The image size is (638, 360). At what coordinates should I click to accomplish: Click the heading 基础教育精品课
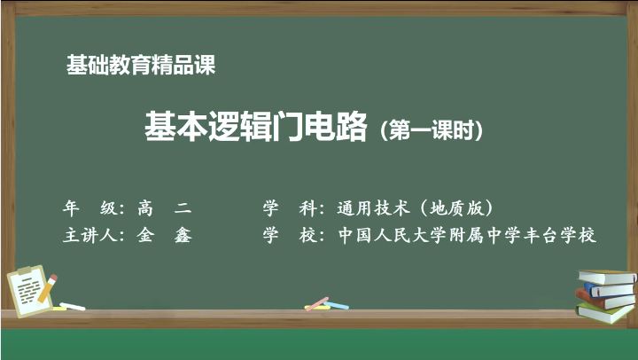141,65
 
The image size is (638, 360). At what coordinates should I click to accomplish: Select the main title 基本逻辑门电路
256,126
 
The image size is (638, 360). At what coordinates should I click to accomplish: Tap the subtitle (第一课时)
432,130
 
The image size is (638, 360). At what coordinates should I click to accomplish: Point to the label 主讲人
90,235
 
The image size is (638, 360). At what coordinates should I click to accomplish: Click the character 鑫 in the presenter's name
183,235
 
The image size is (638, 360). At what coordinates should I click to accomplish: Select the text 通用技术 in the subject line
373,208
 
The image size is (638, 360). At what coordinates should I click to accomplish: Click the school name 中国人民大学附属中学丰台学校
467,235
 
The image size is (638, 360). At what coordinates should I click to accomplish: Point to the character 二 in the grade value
183,208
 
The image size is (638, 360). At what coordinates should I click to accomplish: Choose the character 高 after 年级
145,208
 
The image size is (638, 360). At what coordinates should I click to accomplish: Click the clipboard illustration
29,291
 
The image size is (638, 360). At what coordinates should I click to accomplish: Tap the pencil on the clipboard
48,288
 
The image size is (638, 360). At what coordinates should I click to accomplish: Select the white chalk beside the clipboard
73,306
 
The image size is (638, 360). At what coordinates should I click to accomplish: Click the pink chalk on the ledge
317,303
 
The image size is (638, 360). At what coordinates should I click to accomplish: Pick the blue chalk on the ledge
336,305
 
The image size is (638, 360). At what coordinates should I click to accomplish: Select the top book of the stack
608,277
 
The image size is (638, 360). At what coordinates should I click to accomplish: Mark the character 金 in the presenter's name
145,235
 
